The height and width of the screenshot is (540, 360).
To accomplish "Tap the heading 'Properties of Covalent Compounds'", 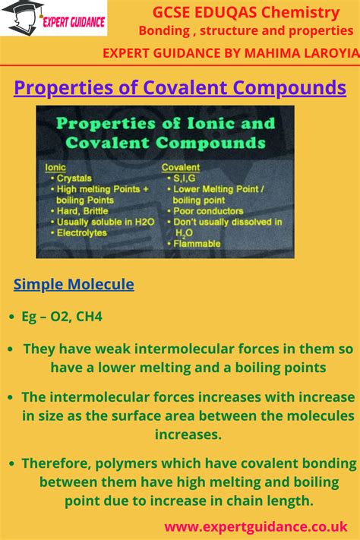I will (x=180, y=87).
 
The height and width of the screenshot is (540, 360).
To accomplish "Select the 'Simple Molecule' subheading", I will (x=74, y=284).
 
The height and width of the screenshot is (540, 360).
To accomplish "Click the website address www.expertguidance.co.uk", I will (x=256, y=526).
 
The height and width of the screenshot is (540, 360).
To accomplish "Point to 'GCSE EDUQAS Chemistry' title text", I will (x=245, y=12).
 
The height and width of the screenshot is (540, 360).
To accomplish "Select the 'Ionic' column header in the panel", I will (x=55, y=167).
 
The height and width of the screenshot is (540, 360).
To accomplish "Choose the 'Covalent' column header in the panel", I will (x=181, y=167).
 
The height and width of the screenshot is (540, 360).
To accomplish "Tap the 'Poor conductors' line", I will (x=208, y=211).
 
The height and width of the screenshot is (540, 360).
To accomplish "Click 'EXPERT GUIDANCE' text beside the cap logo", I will (x=74, y=22).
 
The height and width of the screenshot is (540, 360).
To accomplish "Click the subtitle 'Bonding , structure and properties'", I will (x=245, y=30).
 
